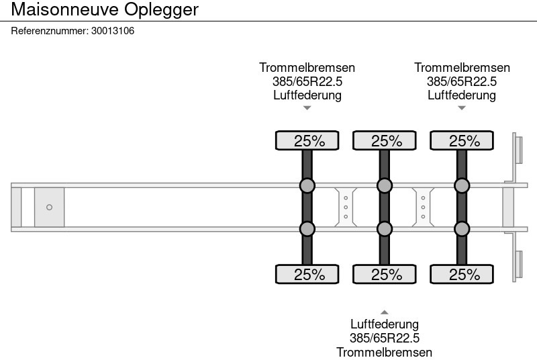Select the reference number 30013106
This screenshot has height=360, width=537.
tap(112, 31)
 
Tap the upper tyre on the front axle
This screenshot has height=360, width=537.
tap(307, 141)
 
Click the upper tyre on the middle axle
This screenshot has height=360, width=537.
tap(385, 141)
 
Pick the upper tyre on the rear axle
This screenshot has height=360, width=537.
tap(462, 141)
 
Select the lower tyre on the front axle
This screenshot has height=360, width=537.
tap(307, 274)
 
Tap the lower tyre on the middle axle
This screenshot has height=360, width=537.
tap(385, 274)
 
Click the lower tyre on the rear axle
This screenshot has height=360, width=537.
tap(462, 274)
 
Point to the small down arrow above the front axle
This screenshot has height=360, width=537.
tap(307, 108)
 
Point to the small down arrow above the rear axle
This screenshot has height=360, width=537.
tap(462, 108)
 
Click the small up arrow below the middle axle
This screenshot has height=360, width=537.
tap(385, 312)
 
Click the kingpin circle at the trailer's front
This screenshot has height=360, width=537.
tap(49, 208)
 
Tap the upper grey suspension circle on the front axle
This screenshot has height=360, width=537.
tap(307, 185)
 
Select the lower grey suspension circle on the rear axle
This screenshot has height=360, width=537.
tap(462, 229)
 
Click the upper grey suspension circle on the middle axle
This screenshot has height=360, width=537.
tap(385, 185)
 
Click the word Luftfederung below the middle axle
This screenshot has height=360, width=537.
tap(385, 324)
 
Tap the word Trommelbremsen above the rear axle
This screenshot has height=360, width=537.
tap(462, 68)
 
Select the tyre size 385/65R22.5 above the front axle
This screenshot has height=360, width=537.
tap(307, 81)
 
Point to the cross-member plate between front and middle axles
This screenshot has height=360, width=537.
tap(346, 207)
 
